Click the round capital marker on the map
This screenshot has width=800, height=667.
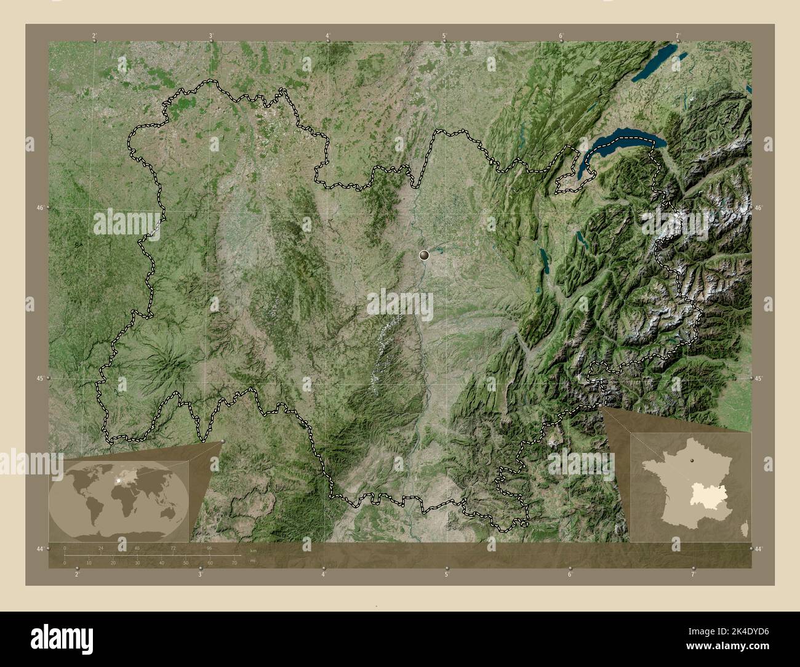(x=424, y=254)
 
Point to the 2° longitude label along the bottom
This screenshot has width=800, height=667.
(x=76, y=575)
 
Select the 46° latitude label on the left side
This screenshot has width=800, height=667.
(x=41, y=208)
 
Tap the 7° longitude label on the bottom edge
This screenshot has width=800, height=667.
(x=693, y=575)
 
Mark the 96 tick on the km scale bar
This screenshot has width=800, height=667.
(x=209, y=548)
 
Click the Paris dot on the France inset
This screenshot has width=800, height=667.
(x=692, y=460)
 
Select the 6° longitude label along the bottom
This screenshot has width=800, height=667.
(x=569, y=575)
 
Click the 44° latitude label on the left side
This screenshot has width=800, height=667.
(x=41, y=548)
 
